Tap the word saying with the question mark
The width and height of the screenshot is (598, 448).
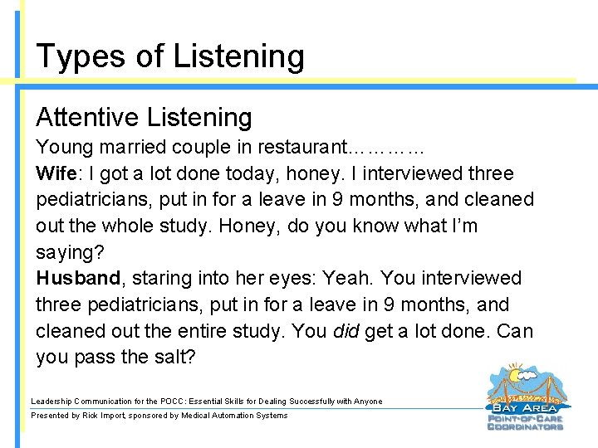[x=64, y=252]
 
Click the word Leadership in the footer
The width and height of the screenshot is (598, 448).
[x=51, y=402]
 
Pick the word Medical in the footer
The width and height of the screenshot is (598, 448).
[x=198, y=415]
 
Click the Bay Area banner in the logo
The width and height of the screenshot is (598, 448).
[x=526, y=407]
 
